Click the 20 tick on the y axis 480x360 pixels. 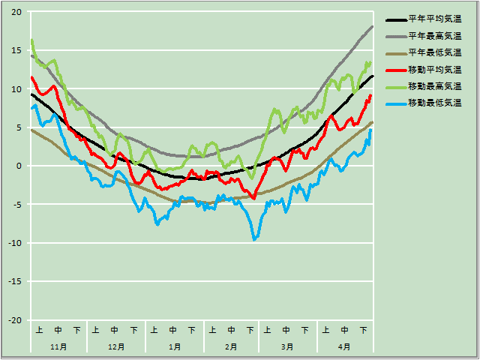coord(16,12)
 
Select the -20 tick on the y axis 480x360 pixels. coord(15,320)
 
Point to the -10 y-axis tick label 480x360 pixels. coord(15,243)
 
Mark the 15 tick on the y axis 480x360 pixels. coord(16,50)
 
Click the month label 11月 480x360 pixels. coord(58,346)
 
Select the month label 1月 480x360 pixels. coord(173,346)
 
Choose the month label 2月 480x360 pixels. coord(231,346)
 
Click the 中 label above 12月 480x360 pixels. coord(115,330)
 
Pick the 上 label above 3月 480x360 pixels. coord(268,330)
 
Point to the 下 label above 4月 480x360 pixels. coord(364,330)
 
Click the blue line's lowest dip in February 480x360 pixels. coord(255,238)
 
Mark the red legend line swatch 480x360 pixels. coord(394,69)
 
